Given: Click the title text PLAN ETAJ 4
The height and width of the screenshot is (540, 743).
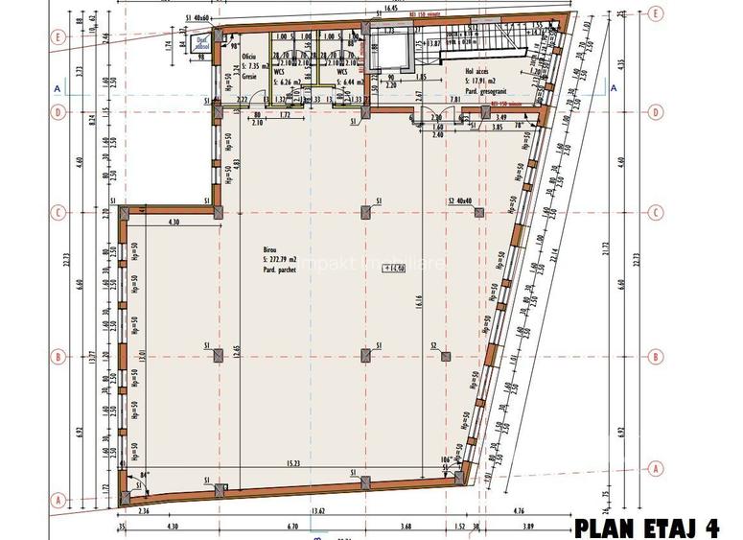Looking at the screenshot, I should point(646,527).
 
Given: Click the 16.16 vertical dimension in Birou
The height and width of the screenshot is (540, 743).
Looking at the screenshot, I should point(418,302).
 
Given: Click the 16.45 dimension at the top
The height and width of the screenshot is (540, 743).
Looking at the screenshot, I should point(391,8).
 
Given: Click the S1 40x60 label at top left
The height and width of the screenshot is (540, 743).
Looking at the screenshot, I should point(199,18).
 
